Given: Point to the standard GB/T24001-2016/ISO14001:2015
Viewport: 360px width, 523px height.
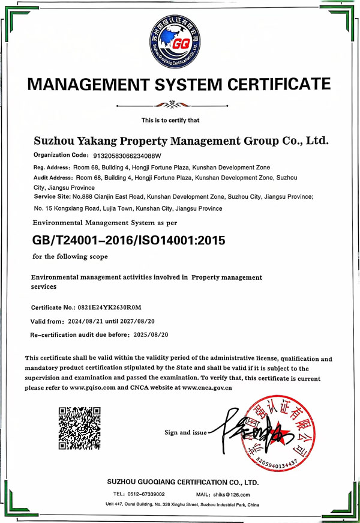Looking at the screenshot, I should (x=128, y=241).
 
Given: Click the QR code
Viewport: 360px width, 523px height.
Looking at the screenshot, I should (x=79, y=428).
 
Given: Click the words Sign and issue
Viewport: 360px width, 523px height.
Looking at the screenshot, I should (x=185, y=432).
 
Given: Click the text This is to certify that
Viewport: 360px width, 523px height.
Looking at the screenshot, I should (x=170, y=121).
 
